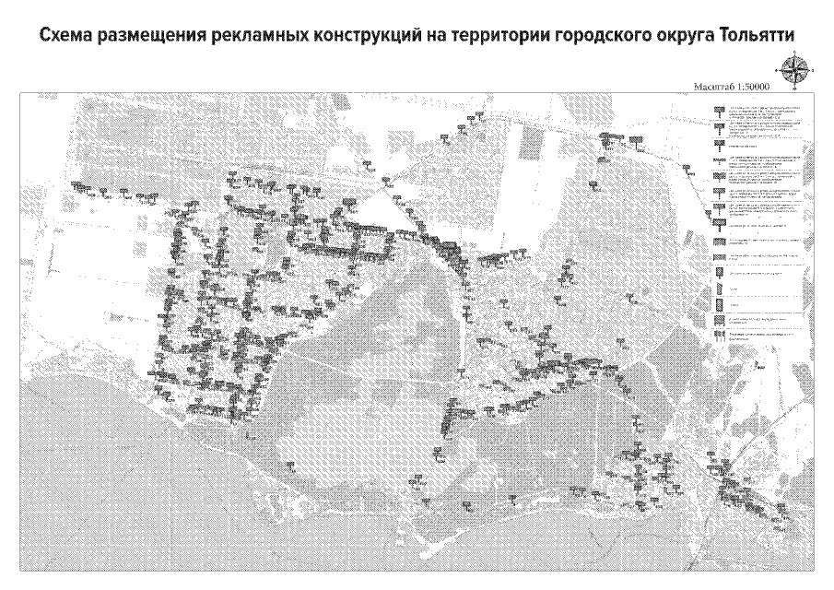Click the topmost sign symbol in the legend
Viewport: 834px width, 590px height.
point(719,112)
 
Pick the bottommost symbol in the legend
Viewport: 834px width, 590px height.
point(720,336)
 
